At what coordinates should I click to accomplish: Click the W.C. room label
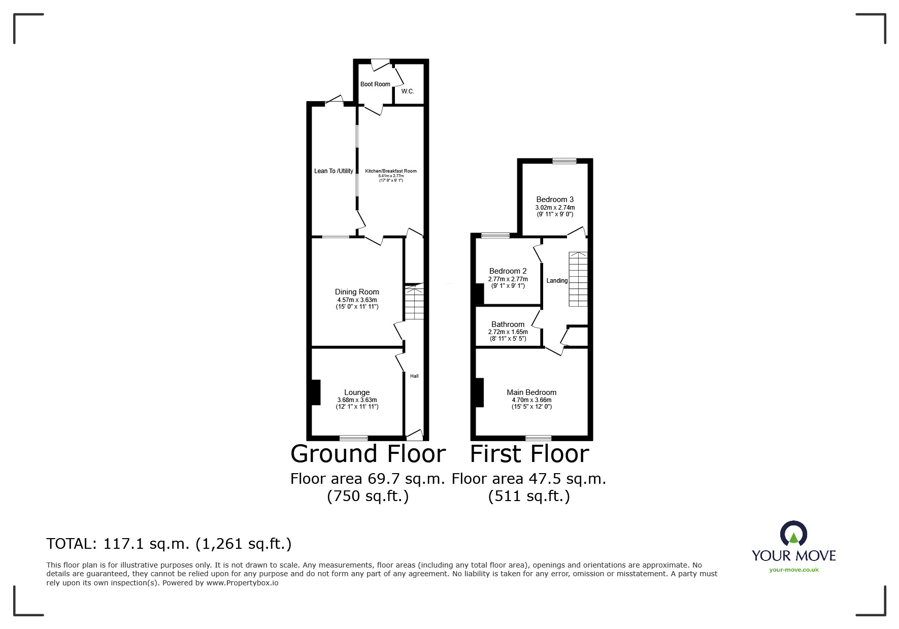pos(408,91)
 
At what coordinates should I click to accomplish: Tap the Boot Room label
pos(375,84)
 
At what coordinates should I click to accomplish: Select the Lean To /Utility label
pos(334,171)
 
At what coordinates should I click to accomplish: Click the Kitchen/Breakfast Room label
pos(391,171)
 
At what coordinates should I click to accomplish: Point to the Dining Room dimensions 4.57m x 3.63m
pos(357,300)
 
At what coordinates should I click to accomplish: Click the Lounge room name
pos(357,392)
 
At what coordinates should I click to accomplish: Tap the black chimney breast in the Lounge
pos(315,392)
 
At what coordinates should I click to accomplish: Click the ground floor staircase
pos(414,303)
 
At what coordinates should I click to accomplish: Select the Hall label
pos(414,376)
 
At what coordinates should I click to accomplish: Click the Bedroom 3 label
pos(555,200)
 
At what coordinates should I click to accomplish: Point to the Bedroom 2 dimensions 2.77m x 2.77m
pos(508,279)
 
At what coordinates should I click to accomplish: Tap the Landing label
pos(557,281)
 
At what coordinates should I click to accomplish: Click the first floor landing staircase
pos(578,279)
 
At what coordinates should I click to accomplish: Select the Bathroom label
pos(508,324)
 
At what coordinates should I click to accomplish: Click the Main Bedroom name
pos(531,392)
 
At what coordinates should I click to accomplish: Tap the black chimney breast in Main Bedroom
pos(479,392)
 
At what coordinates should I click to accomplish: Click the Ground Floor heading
pos(368,454)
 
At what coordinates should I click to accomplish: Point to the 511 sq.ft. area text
pos(529,496)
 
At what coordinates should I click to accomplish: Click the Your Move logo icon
pos(793,534)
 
